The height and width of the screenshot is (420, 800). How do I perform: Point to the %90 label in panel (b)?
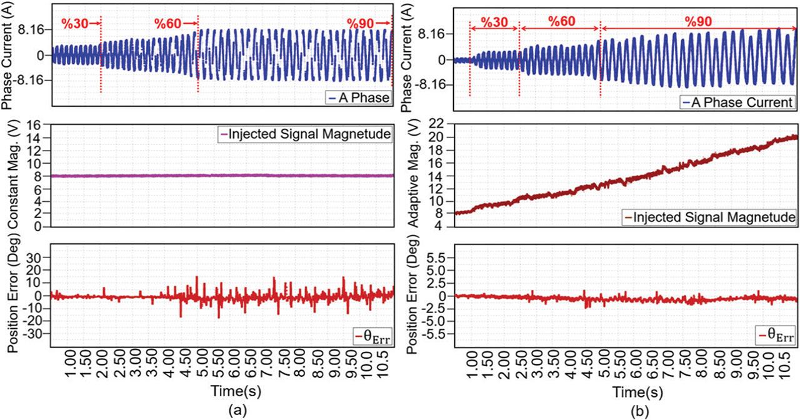click(x=697, y=20)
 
